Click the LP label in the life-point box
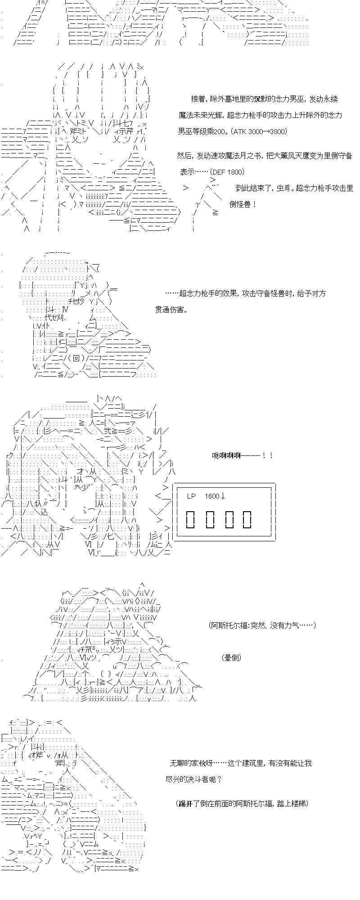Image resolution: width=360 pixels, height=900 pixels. point(192,496)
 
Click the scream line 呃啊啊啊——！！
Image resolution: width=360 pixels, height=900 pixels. point(243,455)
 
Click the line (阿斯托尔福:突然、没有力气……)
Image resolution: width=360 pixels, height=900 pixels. point(262,625)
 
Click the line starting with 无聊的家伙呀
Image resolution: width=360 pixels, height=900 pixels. point(241,763)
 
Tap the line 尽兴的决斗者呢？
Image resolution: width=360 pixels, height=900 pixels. point(194,779)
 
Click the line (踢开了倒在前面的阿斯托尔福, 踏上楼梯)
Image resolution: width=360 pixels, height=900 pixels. point(242,803)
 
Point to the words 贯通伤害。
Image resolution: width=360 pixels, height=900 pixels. point(171,310)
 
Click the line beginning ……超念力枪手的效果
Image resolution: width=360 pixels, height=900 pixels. point(245,293)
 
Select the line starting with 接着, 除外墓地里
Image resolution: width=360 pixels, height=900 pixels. point(264,99)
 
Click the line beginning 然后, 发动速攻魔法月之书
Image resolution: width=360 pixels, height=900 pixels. point(265,156)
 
